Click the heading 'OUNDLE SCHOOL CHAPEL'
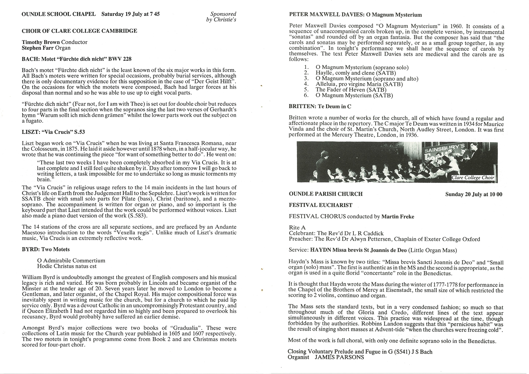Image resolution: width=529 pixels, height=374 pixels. pyautogui.click(x=59, y=14)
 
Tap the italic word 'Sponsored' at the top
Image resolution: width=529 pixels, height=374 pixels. pyautogui.click(x=223, y=14)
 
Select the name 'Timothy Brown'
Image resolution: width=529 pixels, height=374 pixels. pyautogui.click(x=41, y=42)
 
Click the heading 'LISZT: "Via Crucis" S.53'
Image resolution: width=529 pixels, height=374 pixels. pyautogui.click(x=53, y=132)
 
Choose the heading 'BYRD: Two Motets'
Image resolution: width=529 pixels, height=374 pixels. pyautogui.click(x=46, y=250)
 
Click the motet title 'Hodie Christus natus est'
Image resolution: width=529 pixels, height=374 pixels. pyautogui.click(x=67, y=266)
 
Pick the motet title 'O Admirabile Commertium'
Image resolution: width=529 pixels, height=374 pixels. pyautogui.click(x=71, y=260)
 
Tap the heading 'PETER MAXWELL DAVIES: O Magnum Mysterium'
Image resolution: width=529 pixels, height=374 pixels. pyautogui.click(x=355, y=15)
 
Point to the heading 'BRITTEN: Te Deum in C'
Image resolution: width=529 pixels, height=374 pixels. pyautogui.click(x=320, y=106)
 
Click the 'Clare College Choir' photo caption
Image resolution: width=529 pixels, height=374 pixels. pyautogui.click(x=473, y=178)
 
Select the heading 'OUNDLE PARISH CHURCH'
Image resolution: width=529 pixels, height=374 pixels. pyautogui.click(x=326, y=194)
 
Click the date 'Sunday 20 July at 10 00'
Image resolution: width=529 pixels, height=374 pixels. pyautogui.click(x=474, y=194)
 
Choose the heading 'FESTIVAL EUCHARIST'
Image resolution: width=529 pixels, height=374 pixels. pyautogui.click(x=321, y=205)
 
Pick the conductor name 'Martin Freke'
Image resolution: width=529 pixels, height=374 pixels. pyautogui.click(x=398, y=216)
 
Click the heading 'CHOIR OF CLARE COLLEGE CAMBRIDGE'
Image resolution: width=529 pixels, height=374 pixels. pyautogui.click(x=79, y=31)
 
